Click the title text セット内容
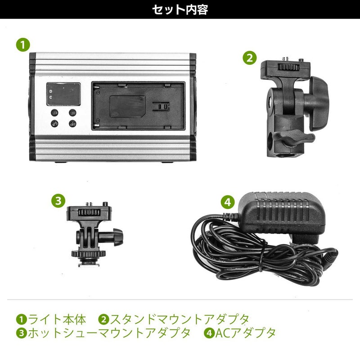tap(180, 9)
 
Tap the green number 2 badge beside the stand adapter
tap(250, 58)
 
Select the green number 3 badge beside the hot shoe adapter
tap(57, 200)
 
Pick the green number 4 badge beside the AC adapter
tap(228, 202)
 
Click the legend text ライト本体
tap(57, 319)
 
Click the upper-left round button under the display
tap(54, 113)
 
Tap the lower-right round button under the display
tap(72, 122)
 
